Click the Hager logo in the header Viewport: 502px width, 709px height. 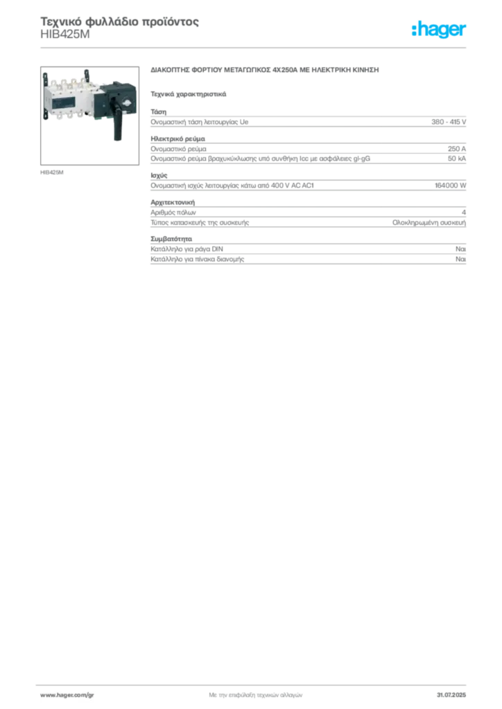point(439,29)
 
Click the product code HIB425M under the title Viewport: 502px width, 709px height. point(65,35)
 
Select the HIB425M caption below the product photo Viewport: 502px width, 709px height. point(52,172)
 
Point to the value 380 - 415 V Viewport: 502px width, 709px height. point(449,122)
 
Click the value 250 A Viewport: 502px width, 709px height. point(457,149)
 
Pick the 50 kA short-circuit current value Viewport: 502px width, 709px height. point(457,159)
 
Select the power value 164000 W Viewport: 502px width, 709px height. point(451,186)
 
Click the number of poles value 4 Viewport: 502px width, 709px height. point(464,213)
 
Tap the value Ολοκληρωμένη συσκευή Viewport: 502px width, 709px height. point(429,222)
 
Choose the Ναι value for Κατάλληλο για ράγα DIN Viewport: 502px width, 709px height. point(461,249)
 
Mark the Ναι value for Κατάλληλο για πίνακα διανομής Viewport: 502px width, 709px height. point(461,259)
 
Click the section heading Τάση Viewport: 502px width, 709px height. point(158,111)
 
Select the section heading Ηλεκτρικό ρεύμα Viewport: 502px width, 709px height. point(178,138)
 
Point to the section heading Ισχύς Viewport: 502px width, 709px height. point(159,175)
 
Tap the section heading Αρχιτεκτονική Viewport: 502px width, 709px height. point(173,203)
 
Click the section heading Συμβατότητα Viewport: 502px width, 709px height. point(171,239)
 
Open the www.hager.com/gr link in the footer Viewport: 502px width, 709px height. point(67,695)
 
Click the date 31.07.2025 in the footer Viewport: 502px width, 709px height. point(451,695)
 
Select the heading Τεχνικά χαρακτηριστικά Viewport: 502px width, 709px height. point(189,94)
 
